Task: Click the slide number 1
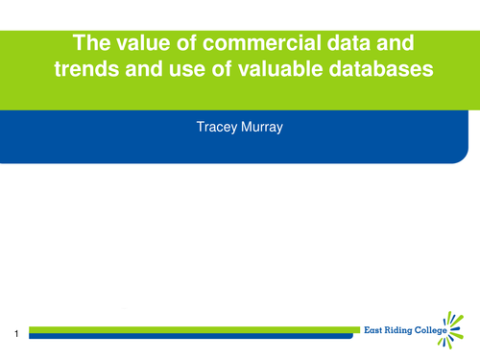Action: pos(16,333)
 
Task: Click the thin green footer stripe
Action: pos(192,329)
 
